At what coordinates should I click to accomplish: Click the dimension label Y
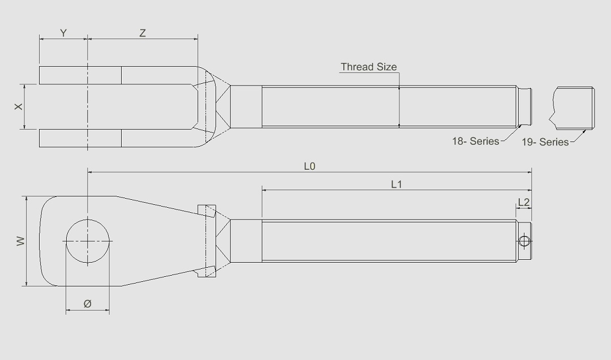click(63, 33)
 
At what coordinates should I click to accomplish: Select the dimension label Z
click(143, 33)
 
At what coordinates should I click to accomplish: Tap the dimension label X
click(19, 106)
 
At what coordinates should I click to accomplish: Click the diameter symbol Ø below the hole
click(88, 304)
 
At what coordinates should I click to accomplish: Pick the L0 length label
click(309, 166)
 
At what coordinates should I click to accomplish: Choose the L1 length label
click(396, 185)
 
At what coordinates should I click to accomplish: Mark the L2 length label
click(524, 202)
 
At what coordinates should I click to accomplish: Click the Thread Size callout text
click(368, 67)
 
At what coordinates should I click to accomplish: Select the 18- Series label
click(475, 142)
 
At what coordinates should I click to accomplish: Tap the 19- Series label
click(545, 142)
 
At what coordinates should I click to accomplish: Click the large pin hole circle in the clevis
click(88, 241)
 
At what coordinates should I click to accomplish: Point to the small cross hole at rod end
click(524, 242)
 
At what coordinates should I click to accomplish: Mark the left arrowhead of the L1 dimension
click(264, 191)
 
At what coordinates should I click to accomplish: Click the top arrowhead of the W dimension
click(26, 199)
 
